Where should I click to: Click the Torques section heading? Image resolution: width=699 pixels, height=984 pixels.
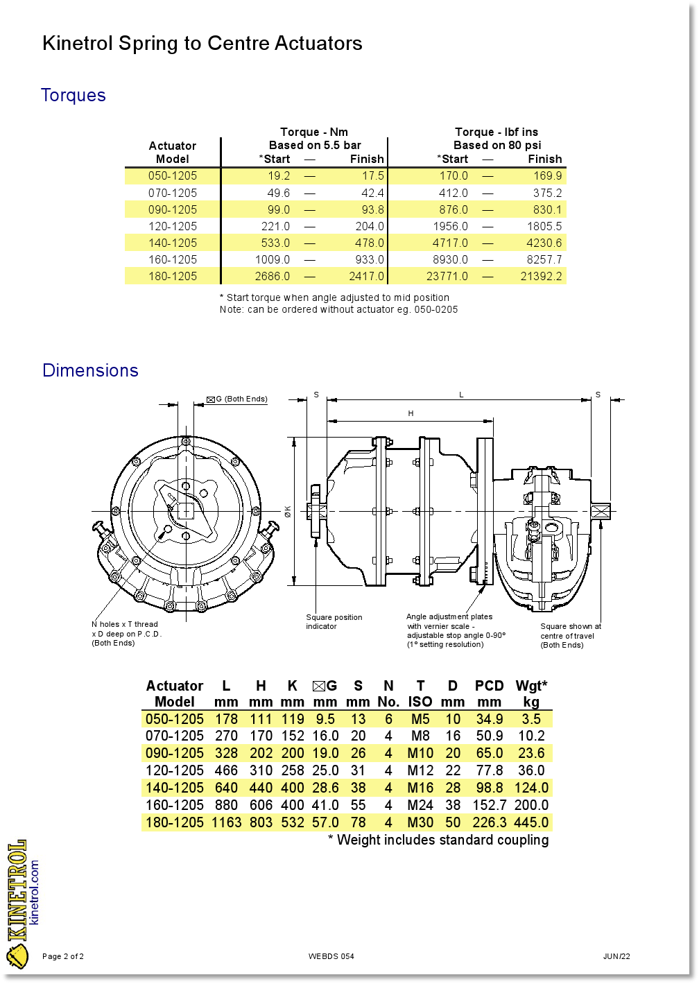point(74,95)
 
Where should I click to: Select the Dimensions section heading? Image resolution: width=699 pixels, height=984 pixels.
point(90,370)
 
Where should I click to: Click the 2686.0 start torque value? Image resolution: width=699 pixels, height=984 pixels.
point(273,276)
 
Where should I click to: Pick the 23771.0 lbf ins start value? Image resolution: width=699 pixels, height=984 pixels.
point(447,276)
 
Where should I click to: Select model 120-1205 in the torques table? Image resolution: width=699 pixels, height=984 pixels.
point(173,226)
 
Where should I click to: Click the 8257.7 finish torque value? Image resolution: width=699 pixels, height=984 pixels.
point(544,259)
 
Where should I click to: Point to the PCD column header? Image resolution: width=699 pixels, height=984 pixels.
point(489,686)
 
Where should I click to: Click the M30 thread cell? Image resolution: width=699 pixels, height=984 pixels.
point(420,822)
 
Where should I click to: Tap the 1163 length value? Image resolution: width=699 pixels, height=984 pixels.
point(227,822)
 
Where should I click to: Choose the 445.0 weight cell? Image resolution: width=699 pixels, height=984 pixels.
point(531,822)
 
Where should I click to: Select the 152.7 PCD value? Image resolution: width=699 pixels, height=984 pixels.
point(490,805)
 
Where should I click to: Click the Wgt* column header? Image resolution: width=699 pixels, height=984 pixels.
point(531,686)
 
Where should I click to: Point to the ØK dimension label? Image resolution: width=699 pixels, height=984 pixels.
point(288,512)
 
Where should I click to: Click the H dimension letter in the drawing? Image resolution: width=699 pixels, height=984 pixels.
point(411,413)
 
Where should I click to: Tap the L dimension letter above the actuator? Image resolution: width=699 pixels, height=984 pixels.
point(461,395)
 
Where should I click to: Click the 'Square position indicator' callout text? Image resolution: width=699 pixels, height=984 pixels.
point(334,622)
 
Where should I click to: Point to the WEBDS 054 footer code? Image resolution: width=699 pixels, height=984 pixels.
point(331,956)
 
